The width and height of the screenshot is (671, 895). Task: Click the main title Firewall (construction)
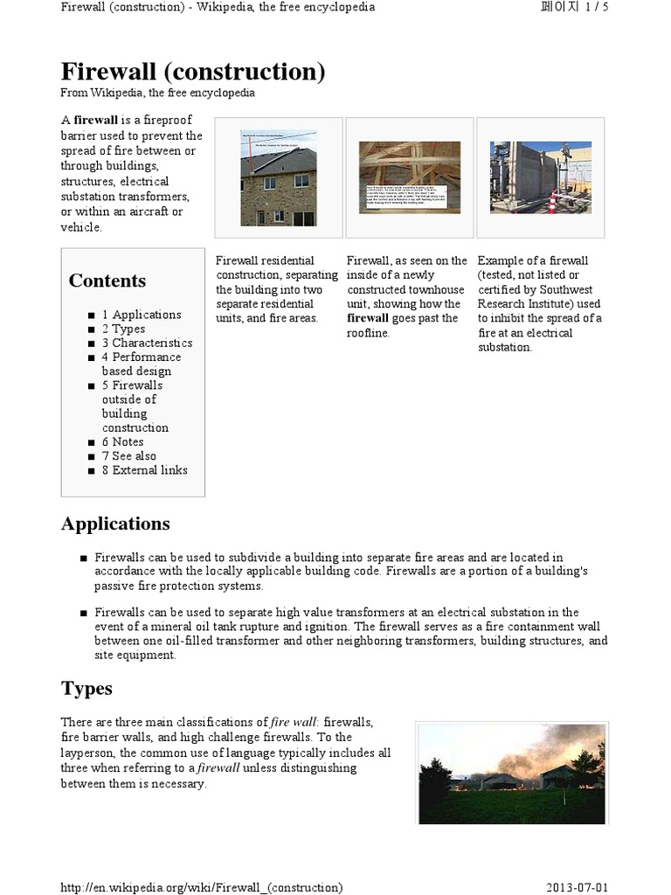[x=192, y=72]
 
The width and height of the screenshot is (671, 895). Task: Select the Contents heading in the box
[x=107, y=281]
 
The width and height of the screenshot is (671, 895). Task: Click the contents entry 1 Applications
[x=142, y=315]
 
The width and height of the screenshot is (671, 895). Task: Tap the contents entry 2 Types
[x=123, y=329]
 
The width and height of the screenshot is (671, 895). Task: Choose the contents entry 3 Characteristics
[x=147, y=343]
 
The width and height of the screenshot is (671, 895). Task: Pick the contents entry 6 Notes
[x=122, y=441]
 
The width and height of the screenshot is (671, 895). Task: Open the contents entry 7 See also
[x=128, y=455]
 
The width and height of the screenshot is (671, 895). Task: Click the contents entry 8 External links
[x=144, y=469]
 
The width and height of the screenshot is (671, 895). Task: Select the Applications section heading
[x=115, y=524]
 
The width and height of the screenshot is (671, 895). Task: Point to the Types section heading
[x=86, y=688]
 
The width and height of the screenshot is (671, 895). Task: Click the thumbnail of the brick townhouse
[x=279, y=177]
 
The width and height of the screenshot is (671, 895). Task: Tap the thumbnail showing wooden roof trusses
[x=410, y=177]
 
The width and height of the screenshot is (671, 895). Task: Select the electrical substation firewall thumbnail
[x=540, y=177]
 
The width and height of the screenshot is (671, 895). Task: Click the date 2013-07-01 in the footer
[x=577, y=887]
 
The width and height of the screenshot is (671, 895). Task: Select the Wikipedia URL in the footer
[x=201, y=887]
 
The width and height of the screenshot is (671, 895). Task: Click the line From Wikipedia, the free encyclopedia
[x=157, y=93]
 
